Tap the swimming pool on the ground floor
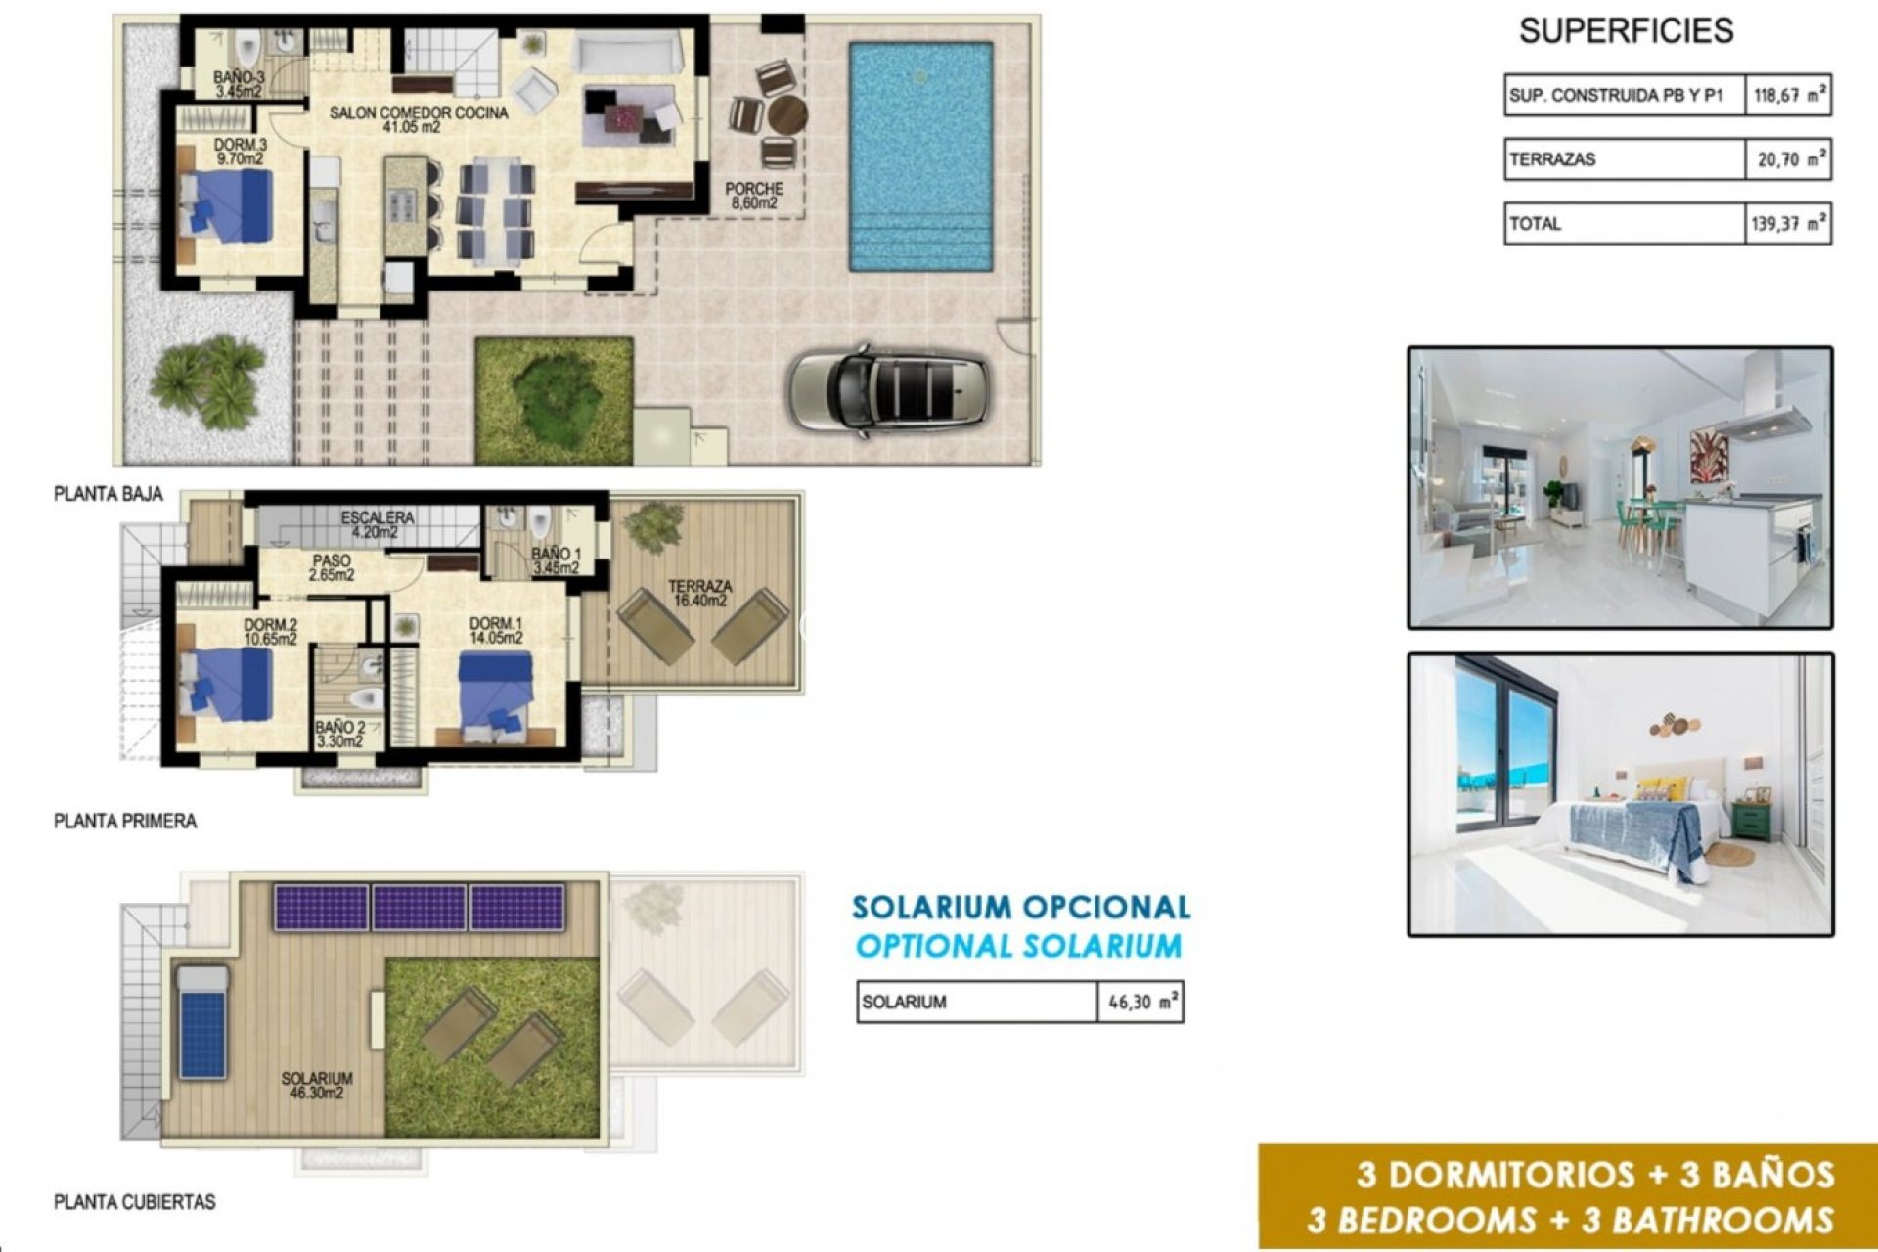tap(920, 156)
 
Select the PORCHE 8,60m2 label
tap(753, 196)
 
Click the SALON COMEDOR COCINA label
tap(419, 119)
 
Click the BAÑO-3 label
tap(239, 84)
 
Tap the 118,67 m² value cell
tap(1788, 96)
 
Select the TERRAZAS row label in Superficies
tap(1553, 159)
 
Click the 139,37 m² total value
tap(1788, 224)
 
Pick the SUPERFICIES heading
tap(1626, 31)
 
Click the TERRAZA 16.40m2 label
tap(699, 593)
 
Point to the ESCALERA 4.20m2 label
tap(378, 524)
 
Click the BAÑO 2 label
tap(339, 735)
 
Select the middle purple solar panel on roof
tap(420, 908)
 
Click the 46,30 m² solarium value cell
tap(1141, 1003)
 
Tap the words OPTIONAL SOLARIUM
tap(1018, 946)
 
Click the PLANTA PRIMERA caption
tap(125, 822)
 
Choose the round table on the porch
tap(786, 115)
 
